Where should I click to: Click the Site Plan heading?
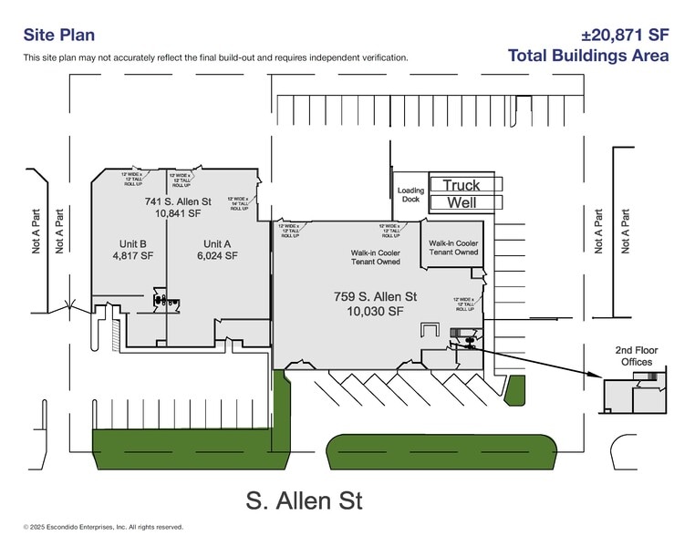coord(58,36)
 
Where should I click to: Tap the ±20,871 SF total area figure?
coord(625,36)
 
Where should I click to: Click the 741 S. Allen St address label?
coord(178,201)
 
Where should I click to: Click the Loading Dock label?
coord(410,195)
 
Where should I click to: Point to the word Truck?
coord(461,185)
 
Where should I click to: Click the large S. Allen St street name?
coord(305,500)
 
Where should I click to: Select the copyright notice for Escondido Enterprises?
coord(103,527)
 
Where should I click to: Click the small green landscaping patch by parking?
coord(515,390)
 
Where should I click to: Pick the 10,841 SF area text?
coord(178,214)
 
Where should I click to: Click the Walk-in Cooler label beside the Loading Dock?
coord(453,248)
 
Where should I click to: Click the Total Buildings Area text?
coord(588,56)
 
